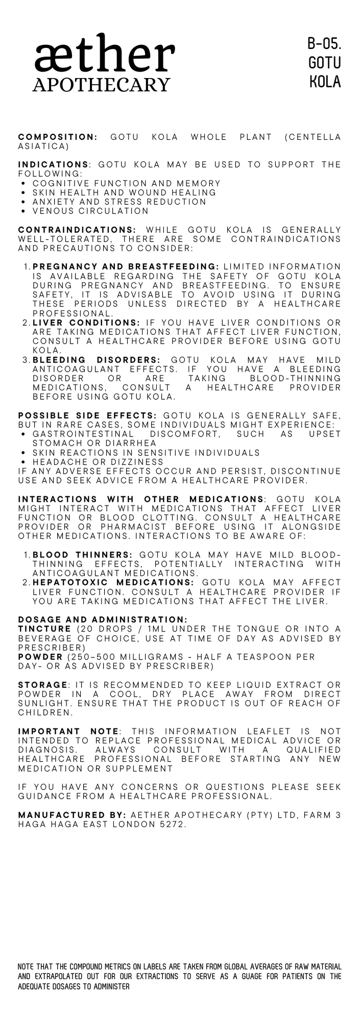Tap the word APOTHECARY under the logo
101,84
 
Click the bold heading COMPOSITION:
58,137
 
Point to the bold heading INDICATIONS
53,165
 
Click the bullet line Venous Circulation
90,211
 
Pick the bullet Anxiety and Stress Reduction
119,202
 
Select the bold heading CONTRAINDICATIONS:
77,230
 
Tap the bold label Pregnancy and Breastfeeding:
126,267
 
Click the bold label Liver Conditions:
86,323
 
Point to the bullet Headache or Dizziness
98,462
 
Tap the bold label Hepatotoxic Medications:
113,582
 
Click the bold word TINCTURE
44,628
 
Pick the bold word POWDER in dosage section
39,657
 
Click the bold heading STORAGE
43,685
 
